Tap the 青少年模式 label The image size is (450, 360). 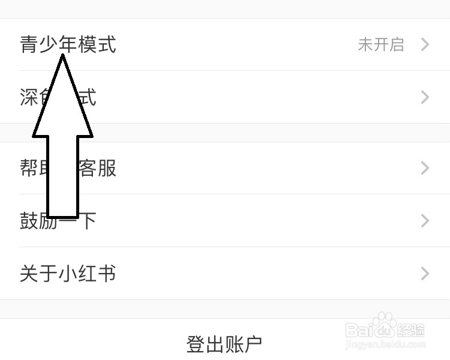[68, 44]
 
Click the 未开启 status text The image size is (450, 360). [381, 45]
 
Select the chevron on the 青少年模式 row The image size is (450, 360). [425, 44]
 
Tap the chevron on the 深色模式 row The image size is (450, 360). [425, 97]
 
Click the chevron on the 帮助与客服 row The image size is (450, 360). [425, 168]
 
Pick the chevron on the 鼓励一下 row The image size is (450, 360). [425, 221]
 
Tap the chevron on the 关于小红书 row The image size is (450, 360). [425, 274]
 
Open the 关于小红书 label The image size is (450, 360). [68, 274]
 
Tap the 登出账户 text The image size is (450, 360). [224, 344]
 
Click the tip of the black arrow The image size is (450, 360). [62, 56]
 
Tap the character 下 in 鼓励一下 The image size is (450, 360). [88, 221]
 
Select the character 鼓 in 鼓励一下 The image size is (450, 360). [29, 221]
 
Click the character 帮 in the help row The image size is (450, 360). [29, 168]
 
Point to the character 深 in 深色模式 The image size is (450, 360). [29, 97]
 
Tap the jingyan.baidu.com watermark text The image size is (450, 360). [389, 344]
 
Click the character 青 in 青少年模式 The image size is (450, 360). [29, 44]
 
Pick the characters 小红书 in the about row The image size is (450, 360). [87, 274]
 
